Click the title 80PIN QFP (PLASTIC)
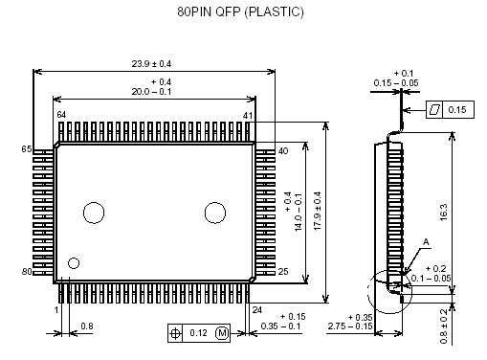[240, 11]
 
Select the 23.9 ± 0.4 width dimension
[151, 64]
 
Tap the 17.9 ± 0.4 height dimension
[318, 211]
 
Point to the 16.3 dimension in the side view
[444, 213]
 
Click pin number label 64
[61, 115]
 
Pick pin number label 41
[248, 116]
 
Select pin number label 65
[27, 149]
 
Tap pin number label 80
[27, 272]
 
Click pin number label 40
[283, 151]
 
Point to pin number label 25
[283, 272]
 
